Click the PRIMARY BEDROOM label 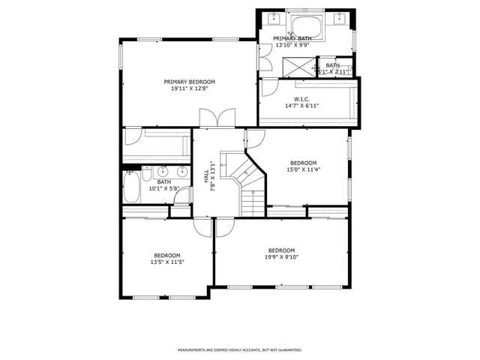(190, 81)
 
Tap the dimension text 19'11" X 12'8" (190, 88)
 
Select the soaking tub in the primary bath (306, 27)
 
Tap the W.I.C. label (301, 98)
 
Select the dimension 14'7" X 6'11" (301, 106)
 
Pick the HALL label (206, 176)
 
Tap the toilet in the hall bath (146, 174)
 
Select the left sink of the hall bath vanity (162, 170)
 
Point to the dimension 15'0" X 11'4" (303, 169)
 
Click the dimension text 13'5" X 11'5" (167, 262)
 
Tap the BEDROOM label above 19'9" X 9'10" (281, 250)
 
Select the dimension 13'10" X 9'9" (292, 45)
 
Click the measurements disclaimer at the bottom (239, 350)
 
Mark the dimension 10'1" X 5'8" (163, 188)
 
